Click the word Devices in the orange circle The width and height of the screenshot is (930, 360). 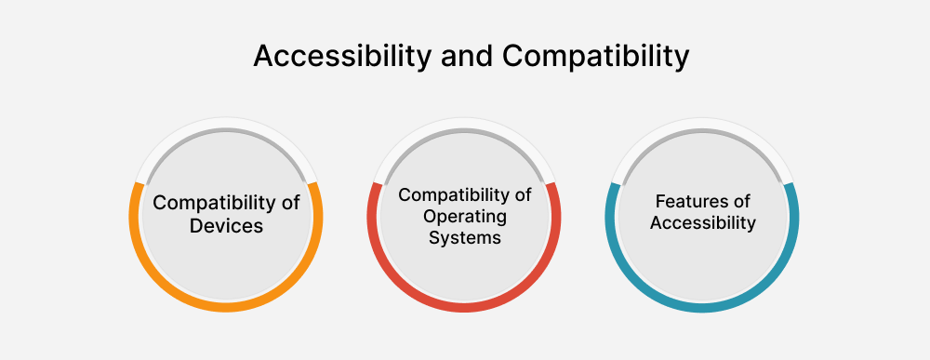[x=227, y=226]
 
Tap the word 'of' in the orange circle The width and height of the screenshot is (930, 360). [x=289, y=203]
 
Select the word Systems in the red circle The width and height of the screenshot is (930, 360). [x=465, y=237]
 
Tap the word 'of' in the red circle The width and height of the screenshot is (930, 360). [x=522, y=195]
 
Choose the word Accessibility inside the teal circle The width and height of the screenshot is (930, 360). [x=702, y=223]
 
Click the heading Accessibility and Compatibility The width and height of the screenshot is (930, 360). [x=471, y=57]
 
